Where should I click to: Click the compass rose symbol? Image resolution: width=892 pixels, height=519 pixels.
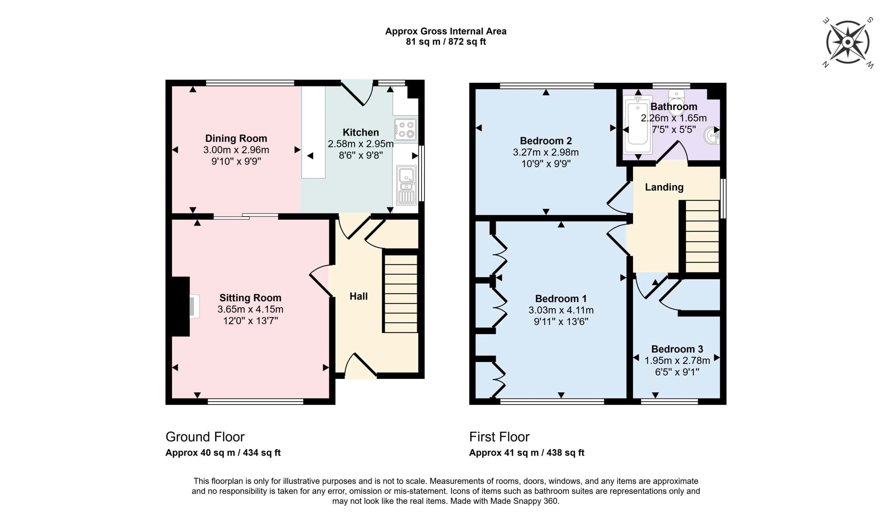847,42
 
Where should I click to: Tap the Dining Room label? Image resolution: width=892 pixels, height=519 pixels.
236,138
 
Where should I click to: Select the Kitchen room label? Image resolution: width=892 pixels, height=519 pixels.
361,132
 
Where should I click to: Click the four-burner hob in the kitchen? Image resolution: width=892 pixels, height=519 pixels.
405,130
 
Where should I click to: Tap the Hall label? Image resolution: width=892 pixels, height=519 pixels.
359,296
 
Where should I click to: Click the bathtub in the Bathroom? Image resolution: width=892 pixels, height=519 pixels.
638,125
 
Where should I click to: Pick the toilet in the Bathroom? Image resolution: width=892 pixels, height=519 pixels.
676,101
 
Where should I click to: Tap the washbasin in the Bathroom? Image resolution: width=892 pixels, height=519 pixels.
712,135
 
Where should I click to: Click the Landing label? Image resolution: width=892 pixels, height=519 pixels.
664,187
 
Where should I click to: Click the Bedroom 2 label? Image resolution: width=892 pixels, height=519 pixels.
546,141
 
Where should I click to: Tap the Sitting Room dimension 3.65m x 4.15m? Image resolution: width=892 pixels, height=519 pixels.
250,309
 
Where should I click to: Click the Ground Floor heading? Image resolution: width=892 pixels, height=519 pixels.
205,437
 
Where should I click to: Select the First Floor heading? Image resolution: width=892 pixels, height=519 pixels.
499,437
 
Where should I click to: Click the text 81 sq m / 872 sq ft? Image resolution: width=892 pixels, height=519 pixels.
446,42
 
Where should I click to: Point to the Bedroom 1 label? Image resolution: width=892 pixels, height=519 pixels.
561,299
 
